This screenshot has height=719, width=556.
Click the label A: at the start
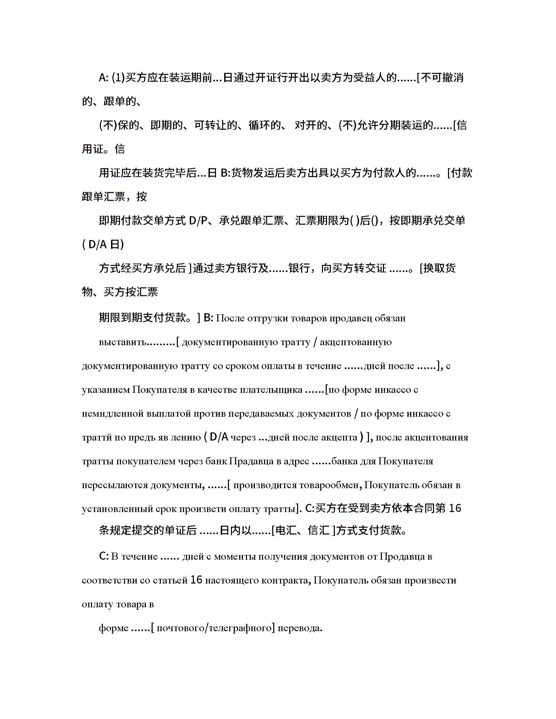pyautogui.click(x=104, y=78)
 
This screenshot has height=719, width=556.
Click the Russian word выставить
pyautogui.click(x=123, y=342)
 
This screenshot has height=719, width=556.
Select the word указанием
pyautogui.click(x=106, y=390)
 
